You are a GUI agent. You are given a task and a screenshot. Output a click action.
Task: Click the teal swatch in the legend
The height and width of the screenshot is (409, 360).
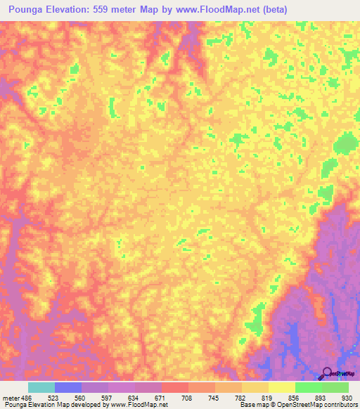point(41,387)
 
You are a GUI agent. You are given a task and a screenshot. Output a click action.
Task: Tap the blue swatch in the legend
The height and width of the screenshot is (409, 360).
point(68,387)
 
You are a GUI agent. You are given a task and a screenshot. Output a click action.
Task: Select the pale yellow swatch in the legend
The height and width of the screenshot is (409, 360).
point(281,387)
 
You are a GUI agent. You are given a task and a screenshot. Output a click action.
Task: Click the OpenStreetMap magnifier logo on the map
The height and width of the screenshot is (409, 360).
point(327,373)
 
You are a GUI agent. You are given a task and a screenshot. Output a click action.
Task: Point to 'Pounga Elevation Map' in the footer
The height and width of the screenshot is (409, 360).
point(35,405)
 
